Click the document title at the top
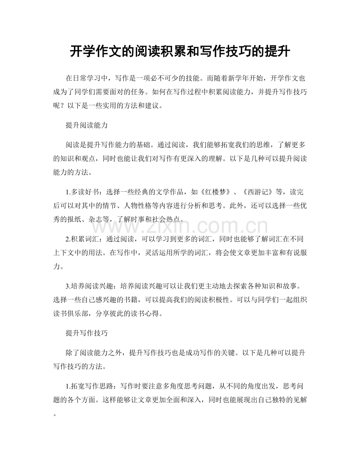[180, 51]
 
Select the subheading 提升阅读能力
[87, 126]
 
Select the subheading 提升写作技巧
[87, 333]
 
